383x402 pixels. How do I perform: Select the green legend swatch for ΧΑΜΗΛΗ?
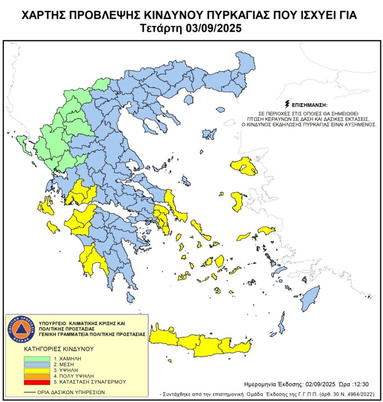(x=37, y=359)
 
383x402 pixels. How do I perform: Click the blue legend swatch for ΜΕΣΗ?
(x=37, y=365)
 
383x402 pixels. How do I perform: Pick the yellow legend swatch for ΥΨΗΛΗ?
(x=37, y=370)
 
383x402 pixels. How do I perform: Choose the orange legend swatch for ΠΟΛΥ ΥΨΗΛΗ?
(x=37, y=376)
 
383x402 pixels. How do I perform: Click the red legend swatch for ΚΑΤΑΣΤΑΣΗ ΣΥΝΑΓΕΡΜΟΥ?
(x=37, y=382)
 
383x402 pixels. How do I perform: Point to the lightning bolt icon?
(x=287, y=104)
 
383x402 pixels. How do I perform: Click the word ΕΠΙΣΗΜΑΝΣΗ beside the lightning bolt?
(x=310, y=105)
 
